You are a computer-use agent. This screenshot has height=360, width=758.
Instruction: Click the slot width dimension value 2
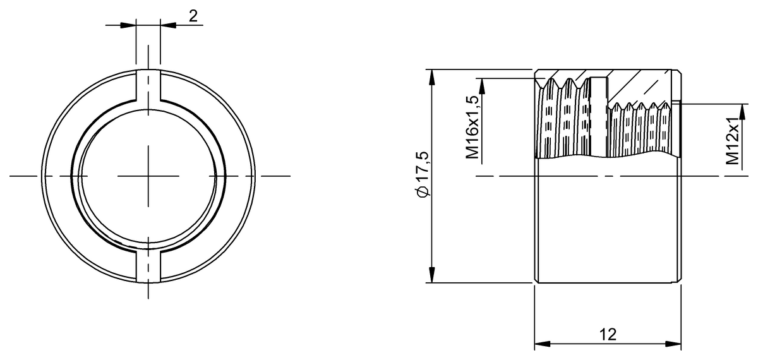pyautogui.click(x=193, y=16)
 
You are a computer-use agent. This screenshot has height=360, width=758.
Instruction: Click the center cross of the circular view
pyautogui.click(x=148, y=175)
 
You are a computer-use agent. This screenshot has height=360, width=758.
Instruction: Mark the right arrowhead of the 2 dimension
pyautogui.click(x=167, y=25)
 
